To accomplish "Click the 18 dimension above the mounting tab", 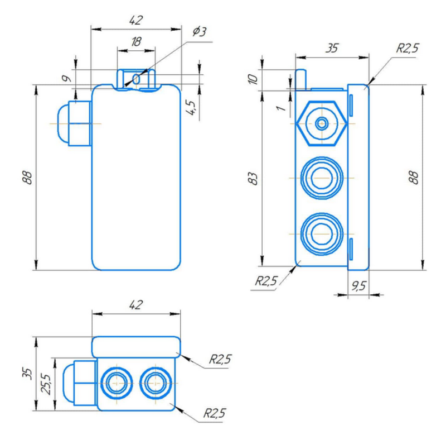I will tap(135, 42).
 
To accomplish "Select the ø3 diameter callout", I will tap(199, 32).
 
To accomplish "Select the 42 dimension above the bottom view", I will tap(135, 305).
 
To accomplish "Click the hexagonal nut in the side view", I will tap(322, 123).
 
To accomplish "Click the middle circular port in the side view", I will tap(321, 178).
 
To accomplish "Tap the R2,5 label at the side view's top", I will tap(407, 49).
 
